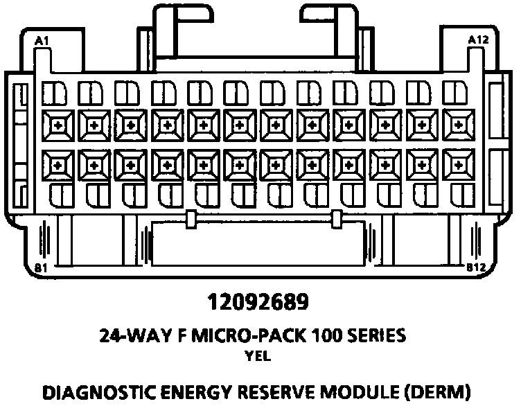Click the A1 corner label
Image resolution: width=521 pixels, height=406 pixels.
point(42,41)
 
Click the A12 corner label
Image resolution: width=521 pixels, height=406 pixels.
point(478,40)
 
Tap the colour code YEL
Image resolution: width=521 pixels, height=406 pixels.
point(260,358)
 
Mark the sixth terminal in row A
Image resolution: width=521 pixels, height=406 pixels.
point(238,125)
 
